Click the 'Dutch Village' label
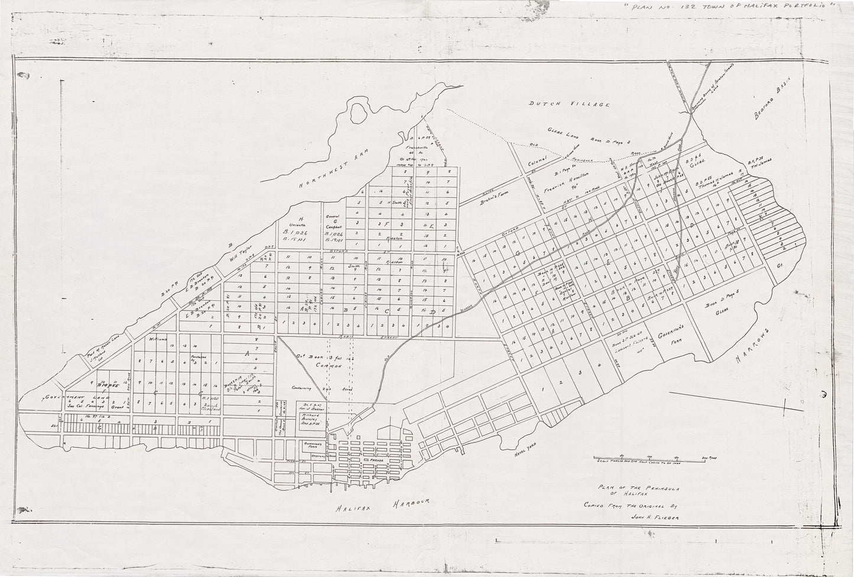click(x=568, y=104)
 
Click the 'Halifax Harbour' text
click(x=381, y=509)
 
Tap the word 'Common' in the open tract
click(x=328, y=367)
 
